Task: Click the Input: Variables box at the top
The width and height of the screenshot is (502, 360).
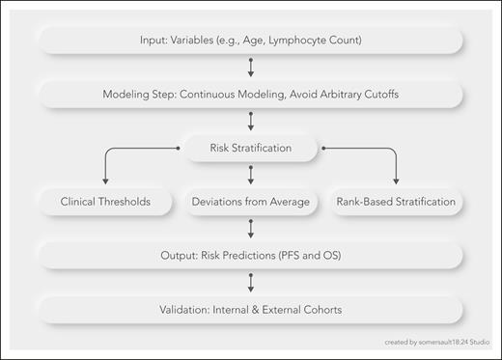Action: [250, 42]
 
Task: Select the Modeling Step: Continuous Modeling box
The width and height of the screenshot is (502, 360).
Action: [250, 96]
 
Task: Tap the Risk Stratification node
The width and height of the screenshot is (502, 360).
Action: [251, 149]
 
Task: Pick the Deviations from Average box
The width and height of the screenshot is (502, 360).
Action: [250, 203]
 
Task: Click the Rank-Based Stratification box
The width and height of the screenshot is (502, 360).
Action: [397, 203]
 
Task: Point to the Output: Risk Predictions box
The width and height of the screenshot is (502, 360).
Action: [250, 256]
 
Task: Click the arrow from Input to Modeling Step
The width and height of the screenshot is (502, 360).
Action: [251, 69]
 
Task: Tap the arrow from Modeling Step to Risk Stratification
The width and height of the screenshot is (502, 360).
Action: [251, 122]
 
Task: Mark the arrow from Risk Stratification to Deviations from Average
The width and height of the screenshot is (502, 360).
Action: [251, 176]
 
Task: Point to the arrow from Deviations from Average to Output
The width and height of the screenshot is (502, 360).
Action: [251, 229]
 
